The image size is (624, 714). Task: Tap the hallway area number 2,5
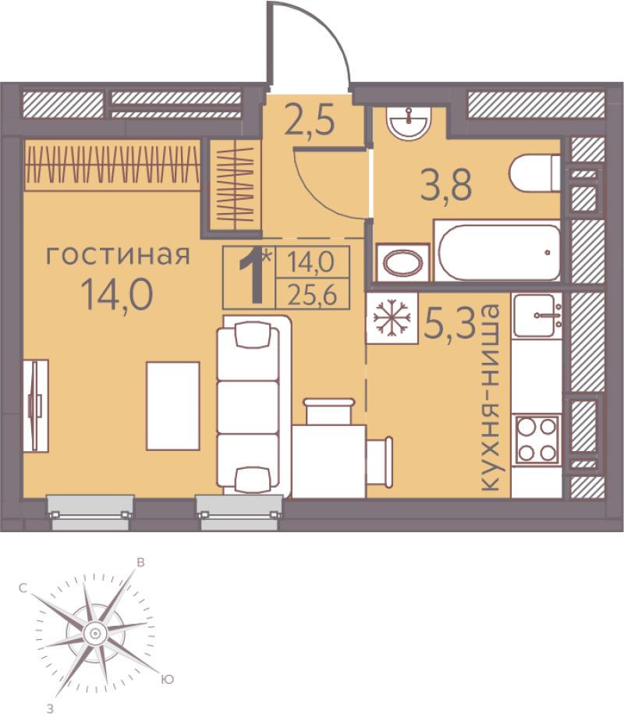click(310, 119)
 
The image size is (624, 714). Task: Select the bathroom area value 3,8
click(446, 185)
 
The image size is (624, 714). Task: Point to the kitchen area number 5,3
click(449, 322)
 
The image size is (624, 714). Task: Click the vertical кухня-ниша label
click(490, 398)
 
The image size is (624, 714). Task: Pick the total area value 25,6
click(312, 296)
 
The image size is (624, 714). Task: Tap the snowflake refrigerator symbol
click(392, 318)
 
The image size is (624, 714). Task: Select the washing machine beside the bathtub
click(403, 263)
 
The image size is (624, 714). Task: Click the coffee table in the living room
click(173, 406)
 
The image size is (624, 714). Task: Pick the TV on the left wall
click(36, 406)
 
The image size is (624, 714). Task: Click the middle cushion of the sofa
click(248, 407)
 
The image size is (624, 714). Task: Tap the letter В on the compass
click(141, 563)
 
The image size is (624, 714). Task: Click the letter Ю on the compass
click(168, 680)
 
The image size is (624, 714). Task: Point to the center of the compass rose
click(95, 633)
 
